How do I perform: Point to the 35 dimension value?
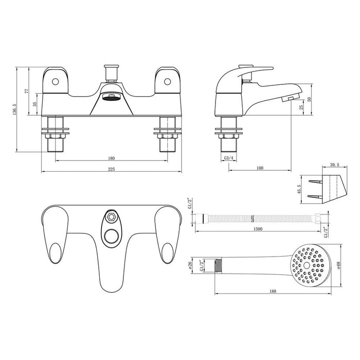(34, 104)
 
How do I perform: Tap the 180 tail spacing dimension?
(111, 158)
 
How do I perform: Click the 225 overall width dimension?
(111, 169)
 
